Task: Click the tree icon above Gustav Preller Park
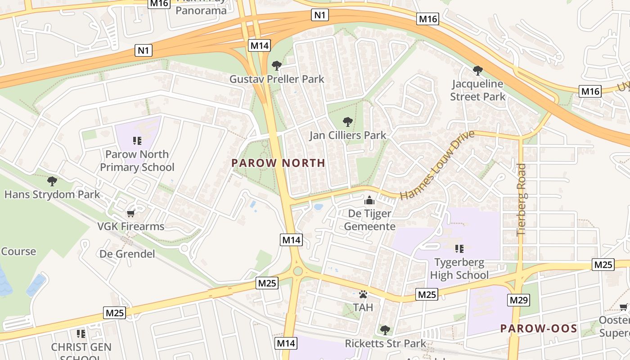(276, 66)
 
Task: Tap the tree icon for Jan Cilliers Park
(347, 121)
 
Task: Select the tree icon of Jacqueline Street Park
(478, 70)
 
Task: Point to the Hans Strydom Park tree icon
(52, 181)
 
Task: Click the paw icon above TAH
(363, 294)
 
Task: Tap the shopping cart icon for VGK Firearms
(131, 213)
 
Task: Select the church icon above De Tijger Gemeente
(369, 200)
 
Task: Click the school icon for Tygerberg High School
(459, 249)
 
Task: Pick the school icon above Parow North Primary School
(137, 141)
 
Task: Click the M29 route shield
(519, 300)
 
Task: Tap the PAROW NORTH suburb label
(278, 163)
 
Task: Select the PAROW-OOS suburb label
(539, 328)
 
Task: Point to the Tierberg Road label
(522, 199)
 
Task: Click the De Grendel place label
(127, 254)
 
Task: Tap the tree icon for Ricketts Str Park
(385, 330)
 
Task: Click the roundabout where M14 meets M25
(297, 271)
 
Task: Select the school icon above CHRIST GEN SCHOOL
(81, 333)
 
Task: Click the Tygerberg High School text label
(459, 269)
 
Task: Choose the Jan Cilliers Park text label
(347, 135)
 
